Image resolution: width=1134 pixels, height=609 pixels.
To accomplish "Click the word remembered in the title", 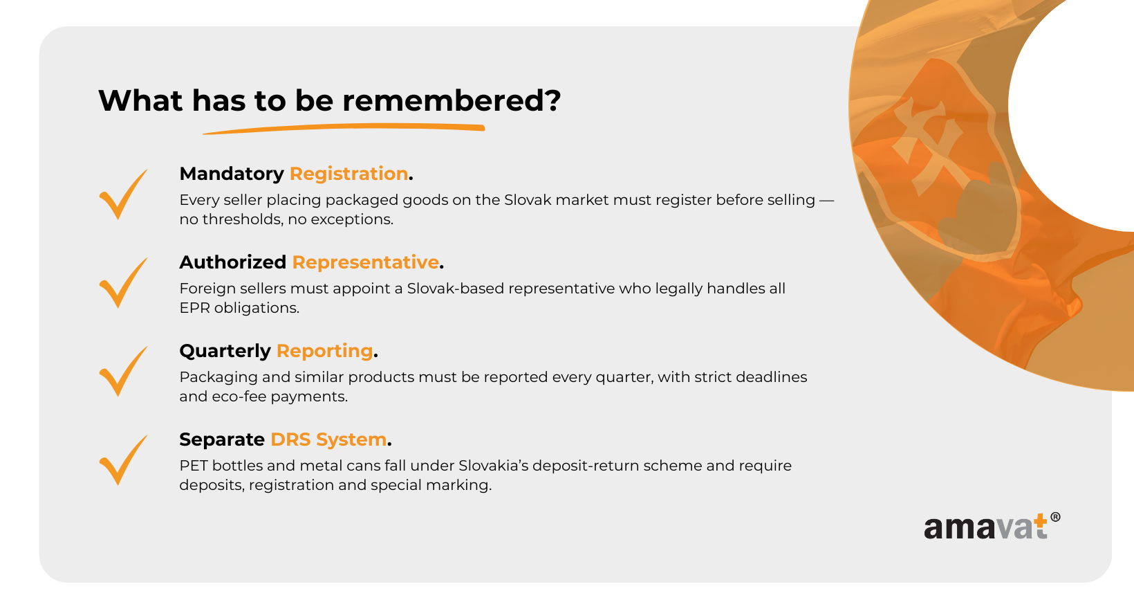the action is click(451, 100).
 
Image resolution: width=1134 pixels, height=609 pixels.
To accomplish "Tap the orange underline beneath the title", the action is click(344, 128).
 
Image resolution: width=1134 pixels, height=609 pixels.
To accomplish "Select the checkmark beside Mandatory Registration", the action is click(123, 194).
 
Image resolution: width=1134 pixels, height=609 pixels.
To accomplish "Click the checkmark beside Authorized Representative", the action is click(123, 283).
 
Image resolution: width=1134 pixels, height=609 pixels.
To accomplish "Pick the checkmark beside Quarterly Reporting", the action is click(123, 372).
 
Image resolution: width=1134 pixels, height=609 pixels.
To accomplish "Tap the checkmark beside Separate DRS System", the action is click(123, 460).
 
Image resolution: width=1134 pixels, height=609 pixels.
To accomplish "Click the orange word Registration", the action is click(348, 174).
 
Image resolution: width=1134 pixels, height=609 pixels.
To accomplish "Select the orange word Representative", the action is click(366, 262).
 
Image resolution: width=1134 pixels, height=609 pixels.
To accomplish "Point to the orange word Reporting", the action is click(324, 351).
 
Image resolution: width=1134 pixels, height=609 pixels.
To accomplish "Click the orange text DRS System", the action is click(328, 439).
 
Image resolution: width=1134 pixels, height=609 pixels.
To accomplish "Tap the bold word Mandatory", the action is click(232, 174).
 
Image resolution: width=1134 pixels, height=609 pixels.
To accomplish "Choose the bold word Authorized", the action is click(233, 262).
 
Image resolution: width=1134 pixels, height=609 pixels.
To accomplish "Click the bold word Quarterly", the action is click(225, 351).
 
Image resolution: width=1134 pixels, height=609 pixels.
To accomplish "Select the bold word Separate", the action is click(222, 439).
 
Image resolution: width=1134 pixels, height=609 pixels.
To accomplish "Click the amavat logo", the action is click(992, 526).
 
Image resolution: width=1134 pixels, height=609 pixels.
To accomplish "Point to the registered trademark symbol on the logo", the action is click(1055, 517).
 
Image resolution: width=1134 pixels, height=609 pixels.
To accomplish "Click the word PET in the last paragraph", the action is click(193, 466).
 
